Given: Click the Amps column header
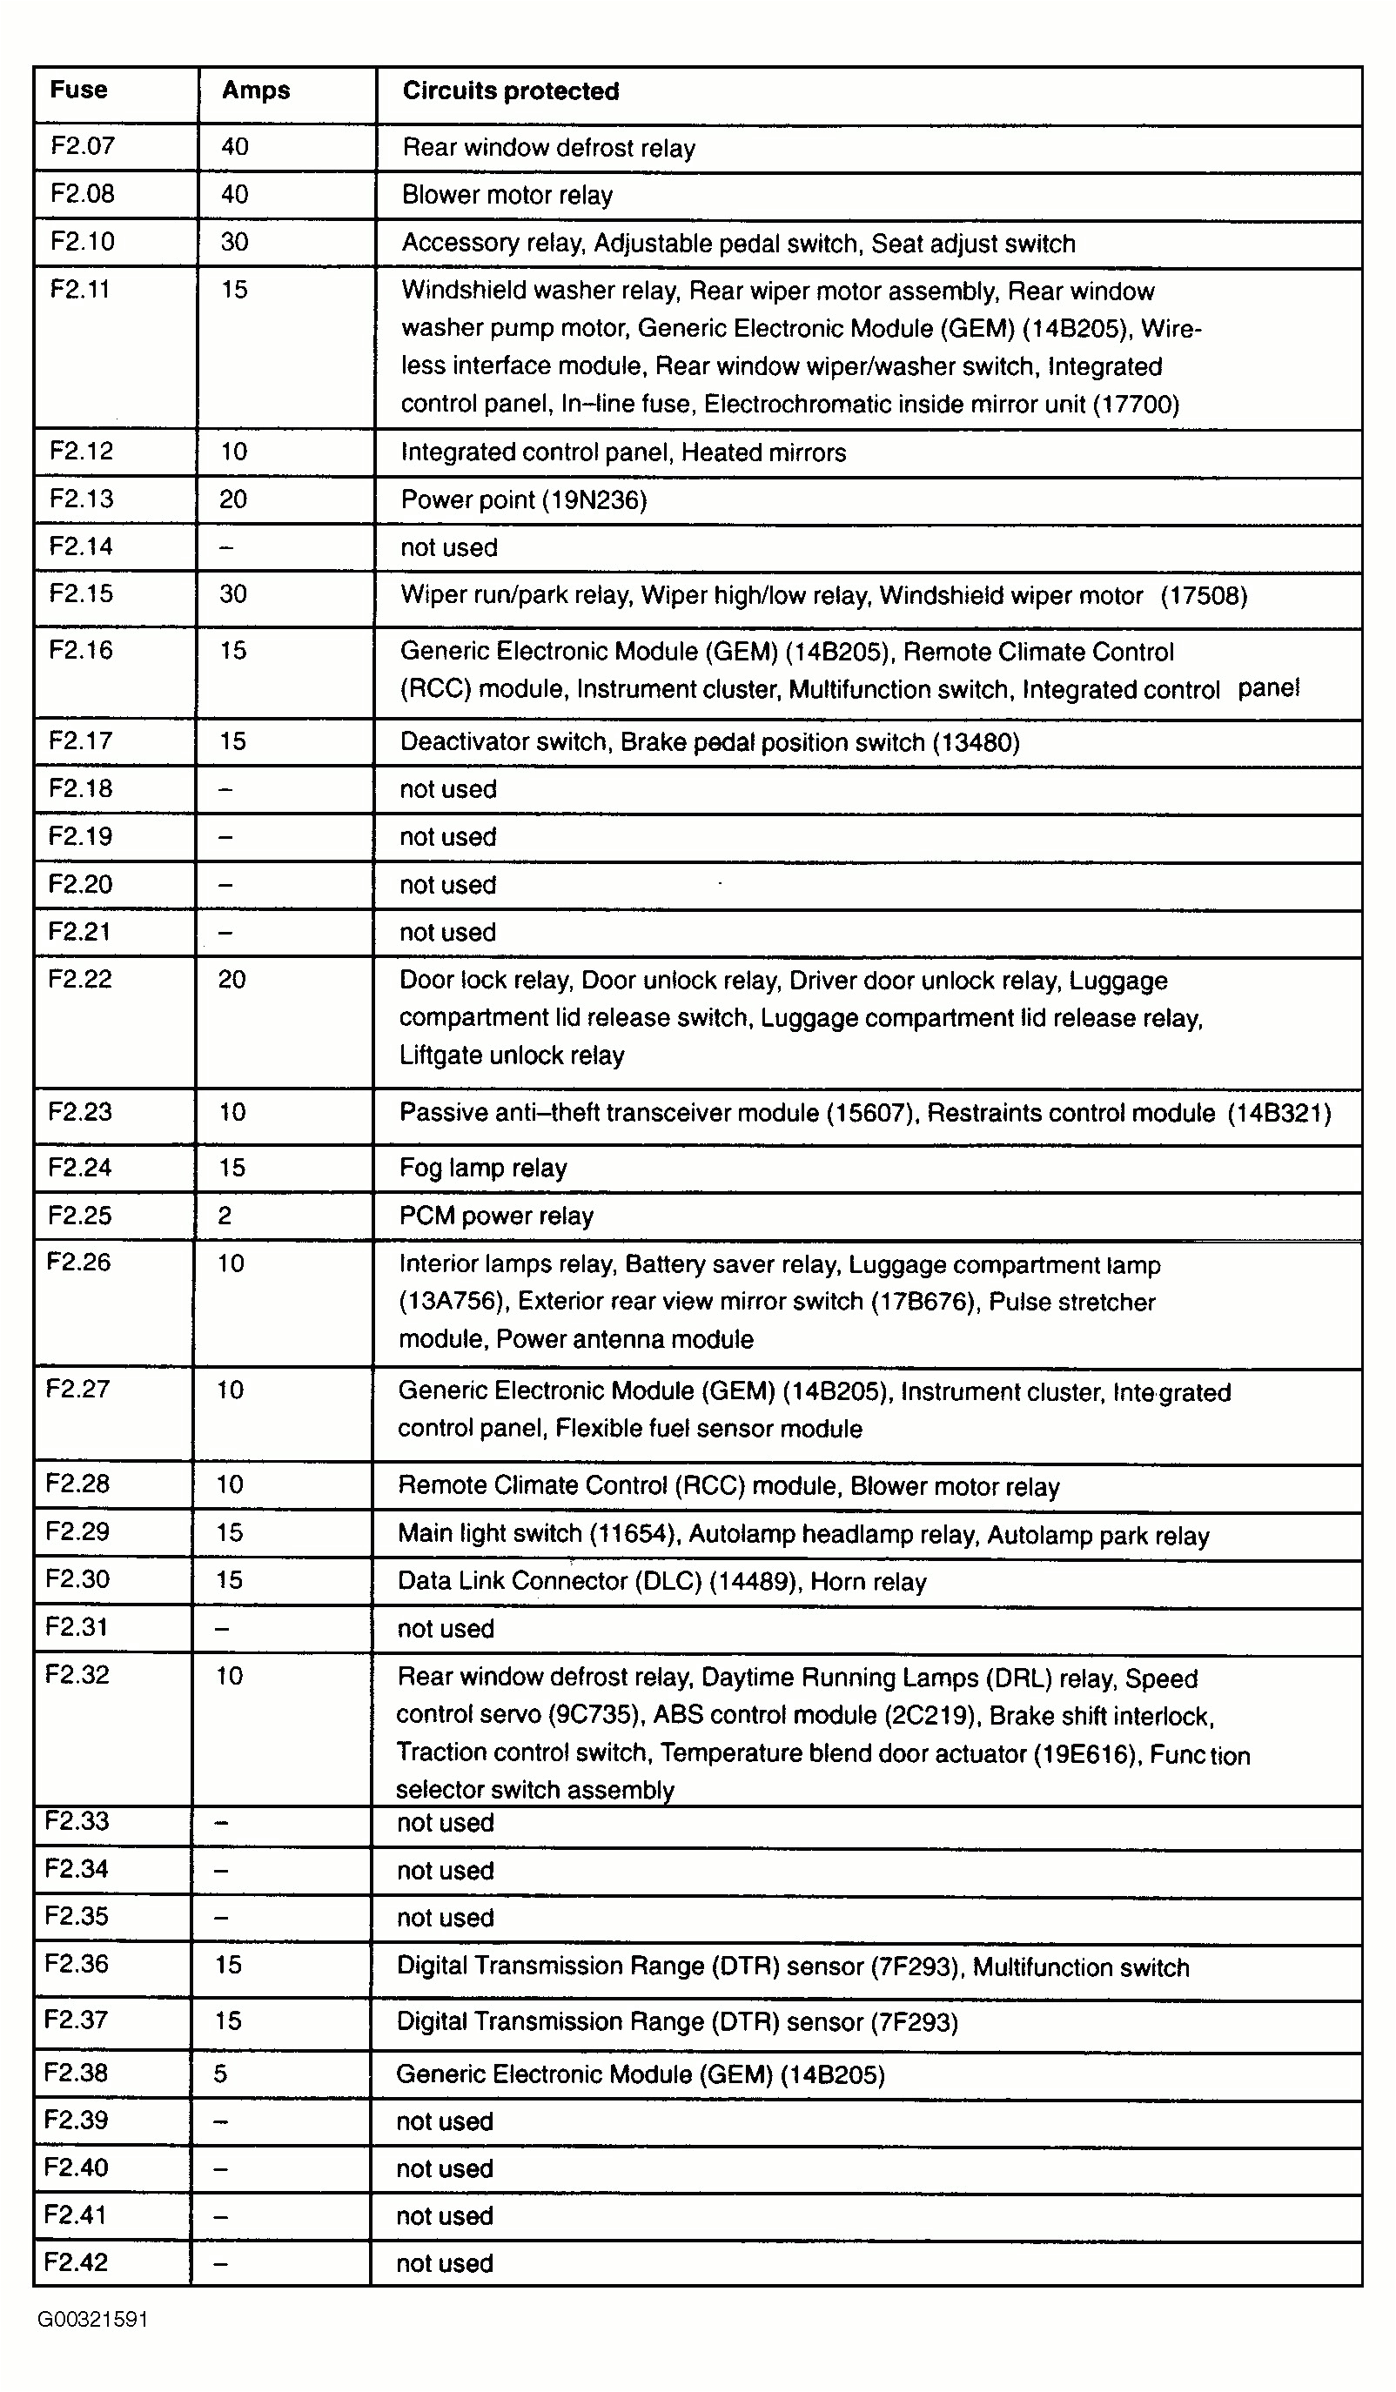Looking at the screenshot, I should tap(256, 91).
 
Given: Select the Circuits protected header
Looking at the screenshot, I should tap(510, 91).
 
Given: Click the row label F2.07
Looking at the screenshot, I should tap(83, 146).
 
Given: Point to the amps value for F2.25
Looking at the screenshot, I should tap(225, 1216).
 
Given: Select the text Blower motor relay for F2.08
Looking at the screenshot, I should tap(507, 196).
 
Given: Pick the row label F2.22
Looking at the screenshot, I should tap(80, 979).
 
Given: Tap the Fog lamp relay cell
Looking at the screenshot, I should tap(482, 1169).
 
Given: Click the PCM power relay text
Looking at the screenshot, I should tap(496, 1216).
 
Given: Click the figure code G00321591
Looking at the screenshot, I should tap(92, 2320).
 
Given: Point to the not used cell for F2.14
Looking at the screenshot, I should tap(448, 547).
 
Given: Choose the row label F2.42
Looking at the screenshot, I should tap(76, 2262).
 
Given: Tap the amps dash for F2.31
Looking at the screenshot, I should tap(221, 1629).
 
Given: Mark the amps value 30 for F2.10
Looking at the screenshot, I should tap(235, 242).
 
